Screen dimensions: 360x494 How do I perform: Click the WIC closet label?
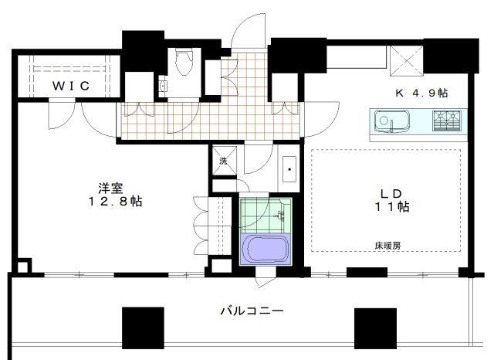coord(72,86)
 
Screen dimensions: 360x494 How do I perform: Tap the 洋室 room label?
coord(108,188)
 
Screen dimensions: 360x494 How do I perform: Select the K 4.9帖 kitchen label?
coord(421,92)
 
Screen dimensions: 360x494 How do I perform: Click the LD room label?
coord(386,192)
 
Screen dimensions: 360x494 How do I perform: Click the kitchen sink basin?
coord(386,121)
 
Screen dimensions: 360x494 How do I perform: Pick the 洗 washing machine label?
coord(223,161)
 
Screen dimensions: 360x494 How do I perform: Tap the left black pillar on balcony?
coord(143,328)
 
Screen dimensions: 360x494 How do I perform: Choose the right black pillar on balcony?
coord(374,328)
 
